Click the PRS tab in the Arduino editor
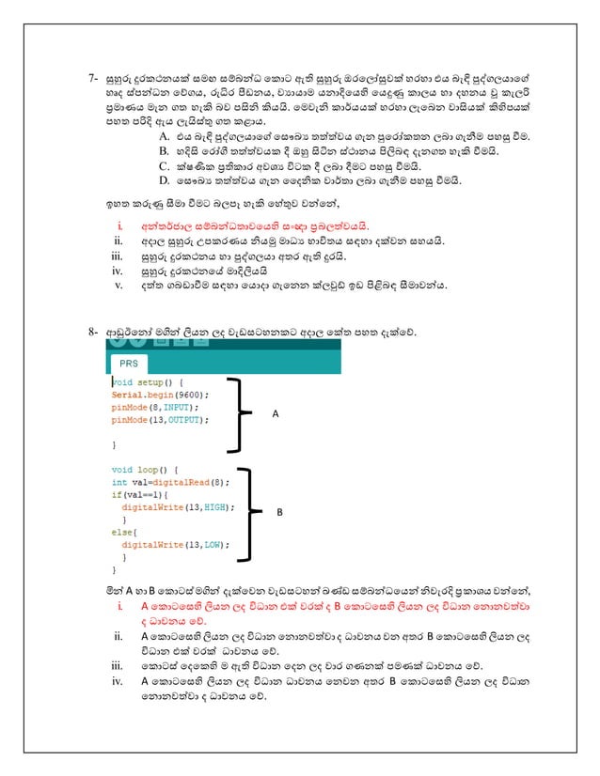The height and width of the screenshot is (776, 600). pyautogui.click(x=126, y=363)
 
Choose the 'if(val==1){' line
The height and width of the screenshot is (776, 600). pyautogui.click(x=139, y=493)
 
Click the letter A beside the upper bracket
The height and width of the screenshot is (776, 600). pyautogui.click(x=275, y=412)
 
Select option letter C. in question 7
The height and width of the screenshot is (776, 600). pyautogui.click(x=165, y=164)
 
